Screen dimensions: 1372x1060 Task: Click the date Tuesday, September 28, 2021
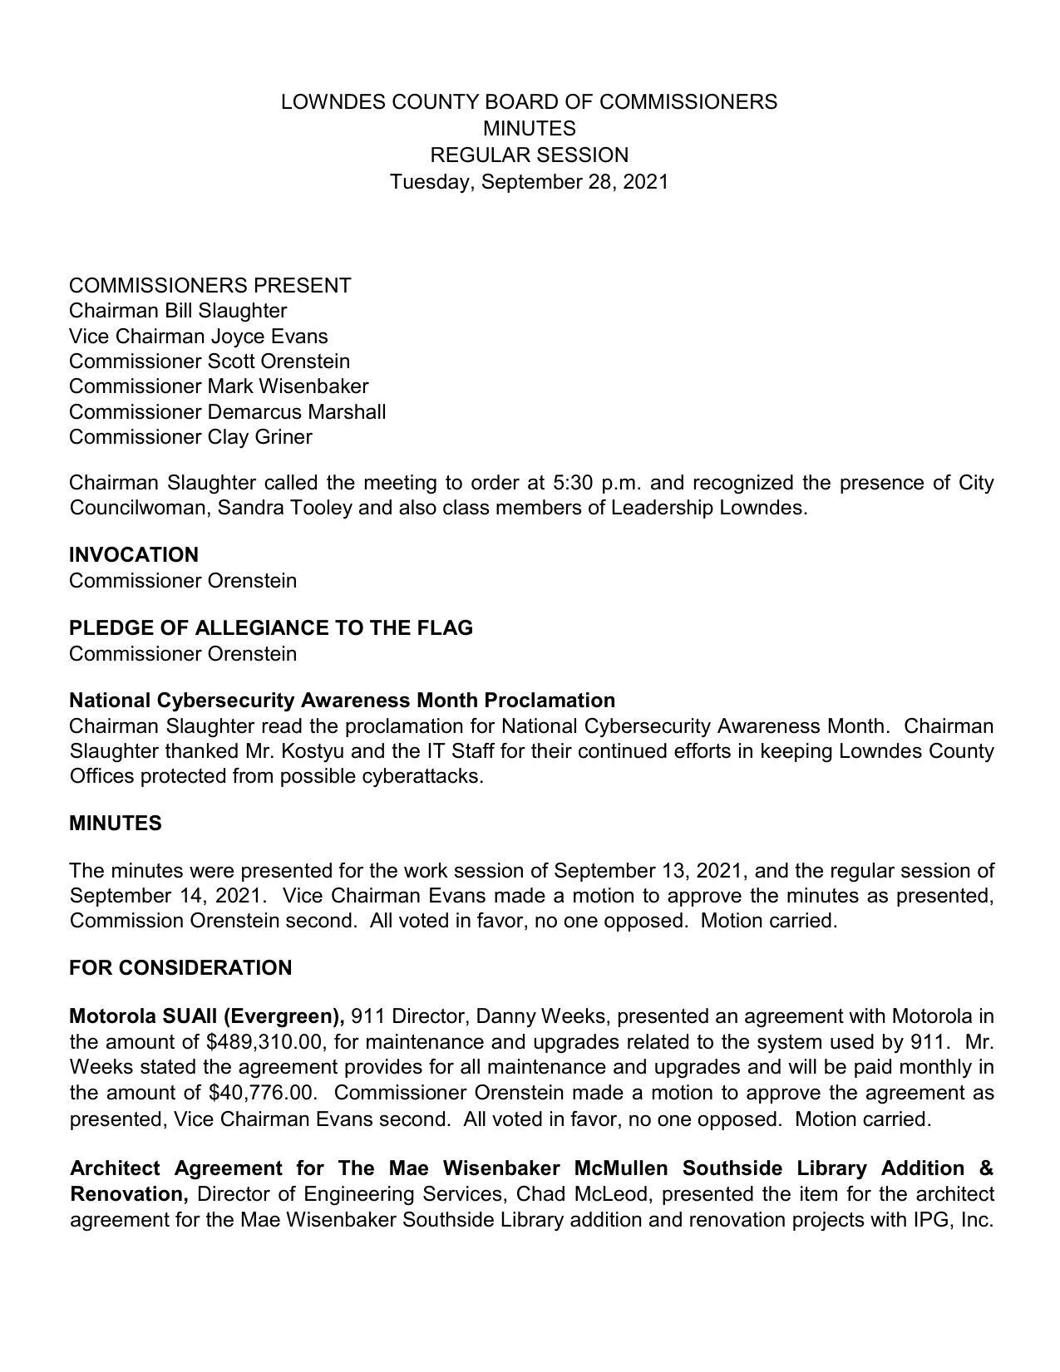point(529,182)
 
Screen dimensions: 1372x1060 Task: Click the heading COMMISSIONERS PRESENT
point(210,286)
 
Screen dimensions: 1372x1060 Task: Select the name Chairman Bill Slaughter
point(178,311)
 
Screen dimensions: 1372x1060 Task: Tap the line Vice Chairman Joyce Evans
point(198,337)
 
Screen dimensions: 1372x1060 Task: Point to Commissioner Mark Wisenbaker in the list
point(219,386)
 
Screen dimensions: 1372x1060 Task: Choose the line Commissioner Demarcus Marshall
point(227,412)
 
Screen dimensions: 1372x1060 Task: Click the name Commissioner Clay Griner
point(190,437)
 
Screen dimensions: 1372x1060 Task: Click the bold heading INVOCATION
point(134,555)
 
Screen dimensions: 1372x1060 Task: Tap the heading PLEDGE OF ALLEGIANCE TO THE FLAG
point(271,628)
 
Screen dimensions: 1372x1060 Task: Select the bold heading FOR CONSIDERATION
point(180,968)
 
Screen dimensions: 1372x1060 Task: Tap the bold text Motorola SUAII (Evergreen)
point(207,1016)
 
